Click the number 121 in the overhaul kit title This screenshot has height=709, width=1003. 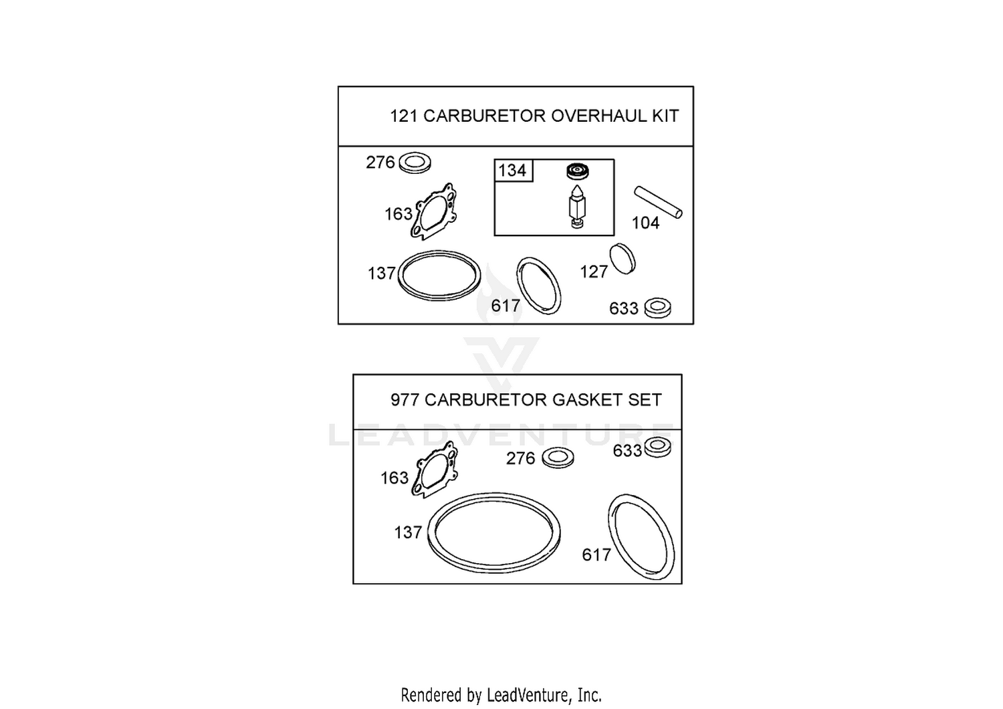[x=403, y=116]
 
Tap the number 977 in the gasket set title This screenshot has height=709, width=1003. [x=404, y=399]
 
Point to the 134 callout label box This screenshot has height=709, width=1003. [x=514, y=170]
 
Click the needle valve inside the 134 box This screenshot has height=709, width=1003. [x=577, y=207]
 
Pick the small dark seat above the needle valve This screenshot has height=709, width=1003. [x=578, y=171]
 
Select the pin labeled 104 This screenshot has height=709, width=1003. [x=658, y=203]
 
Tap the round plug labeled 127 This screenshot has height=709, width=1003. [x=623, y=259]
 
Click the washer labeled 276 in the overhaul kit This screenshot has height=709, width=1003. [x=415, y=163]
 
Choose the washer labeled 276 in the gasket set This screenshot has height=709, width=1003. [x=558, y=458]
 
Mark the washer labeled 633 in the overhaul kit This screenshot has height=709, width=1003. [x=658, y=308]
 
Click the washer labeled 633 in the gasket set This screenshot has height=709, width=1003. [x=657, y=447]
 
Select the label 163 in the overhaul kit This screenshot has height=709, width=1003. [x=399, y=214]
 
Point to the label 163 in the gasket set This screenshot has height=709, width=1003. [x=395, y=478]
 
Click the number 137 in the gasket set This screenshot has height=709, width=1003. [x=408, y=532]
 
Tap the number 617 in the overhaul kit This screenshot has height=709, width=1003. [x=506, y=306]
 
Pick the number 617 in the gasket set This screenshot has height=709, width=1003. [x=596, y=555]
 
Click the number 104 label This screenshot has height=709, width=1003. [x=646, y=223]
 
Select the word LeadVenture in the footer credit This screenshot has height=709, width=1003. [x=528, y=695]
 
